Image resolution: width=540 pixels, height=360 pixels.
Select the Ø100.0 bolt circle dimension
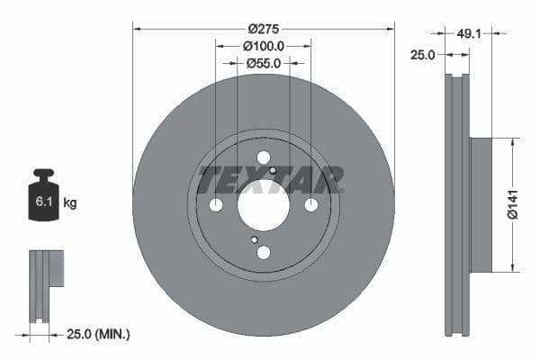pos(264,45)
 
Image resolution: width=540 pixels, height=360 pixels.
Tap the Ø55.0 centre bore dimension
pos(264,63)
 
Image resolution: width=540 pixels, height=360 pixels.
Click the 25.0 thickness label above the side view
pos(423,55)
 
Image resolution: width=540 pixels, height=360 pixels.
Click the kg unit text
pos(70,203)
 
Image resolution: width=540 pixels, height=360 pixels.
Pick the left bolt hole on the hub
pos(216,205)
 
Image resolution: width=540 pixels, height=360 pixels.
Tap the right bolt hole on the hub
pos(310,205)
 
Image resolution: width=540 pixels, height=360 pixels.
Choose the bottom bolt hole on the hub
pos(263,253)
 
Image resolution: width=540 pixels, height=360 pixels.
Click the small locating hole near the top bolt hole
pos(272,170)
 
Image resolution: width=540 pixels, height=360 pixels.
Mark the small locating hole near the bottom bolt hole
pos(255,239)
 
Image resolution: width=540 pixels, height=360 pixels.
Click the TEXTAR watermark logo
pos(271,179)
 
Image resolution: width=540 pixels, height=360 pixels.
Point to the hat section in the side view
pos(481,204)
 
